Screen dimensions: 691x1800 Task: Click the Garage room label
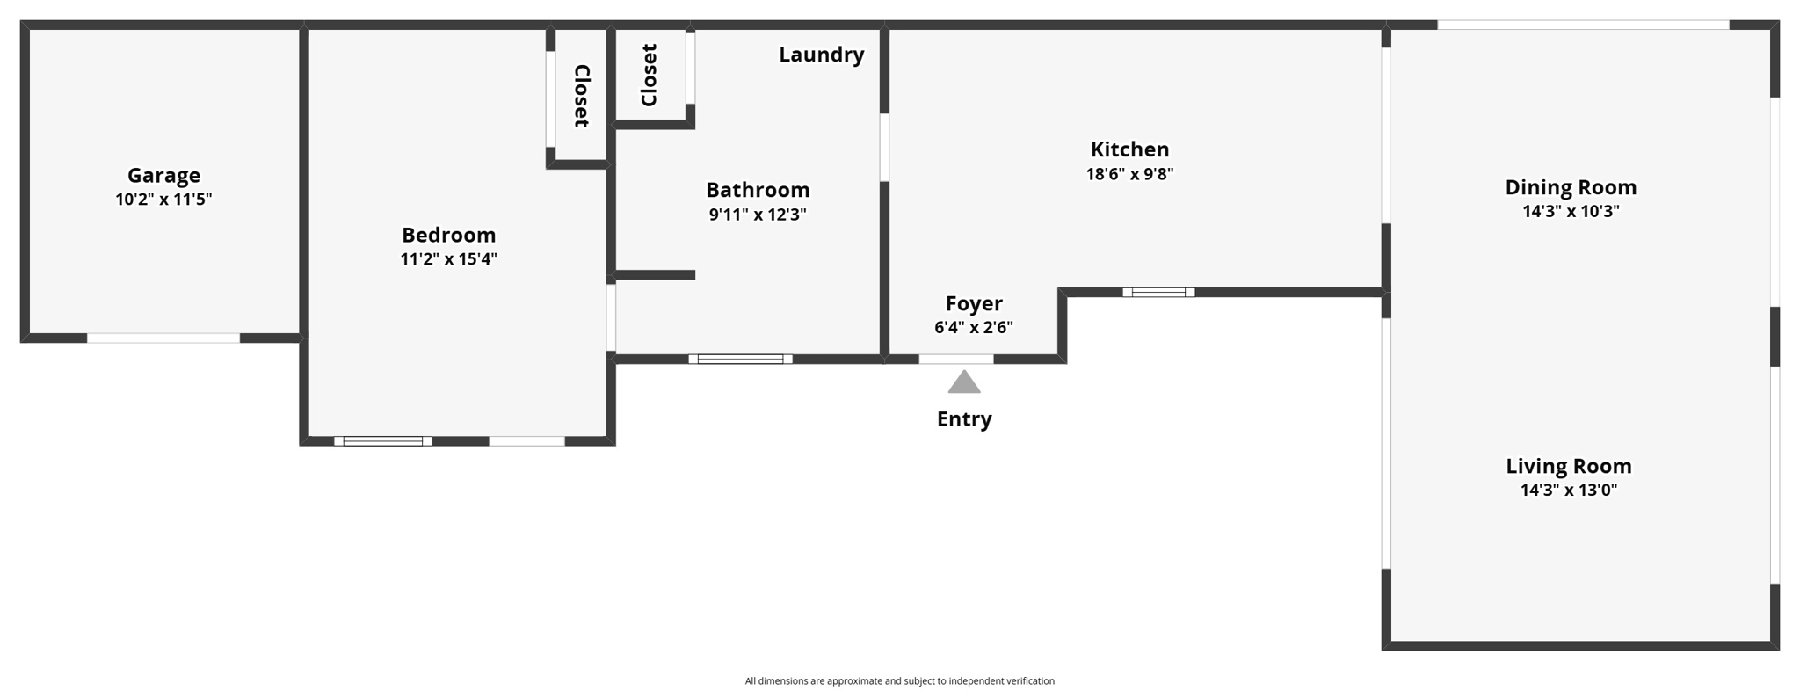tap(163, 176)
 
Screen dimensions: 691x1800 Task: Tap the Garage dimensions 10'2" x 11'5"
tap(163, 200)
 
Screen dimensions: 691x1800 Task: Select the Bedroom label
tap(448, 235)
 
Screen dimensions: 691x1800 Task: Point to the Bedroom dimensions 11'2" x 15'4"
tap(448, 259)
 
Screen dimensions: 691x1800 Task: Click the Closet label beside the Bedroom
tap(581, 96)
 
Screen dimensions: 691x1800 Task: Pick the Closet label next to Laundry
tap(650, 76)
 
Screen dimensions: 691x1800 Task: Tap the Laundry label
tap(821, 55)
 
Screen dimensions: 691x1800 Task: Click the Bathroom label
tap(758, 190)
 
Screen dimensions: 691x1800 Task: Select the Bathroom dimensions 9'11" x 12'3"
tap(758, 215)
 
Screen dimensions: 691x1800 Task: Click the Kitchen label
tap(1129, 149)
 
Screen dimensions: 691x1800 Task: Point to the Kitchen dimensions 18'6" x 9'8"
tap(1129, 174)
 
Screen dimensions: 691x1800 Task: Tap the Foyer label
tap(974, 303)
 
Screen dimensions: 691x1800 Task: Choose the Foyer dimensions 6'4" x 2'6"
tap(974, 328)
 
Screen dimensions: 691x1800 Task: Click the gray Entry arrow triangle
tap(964, 382)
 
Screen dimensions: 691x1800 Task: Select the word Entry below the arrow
tap(964, 419)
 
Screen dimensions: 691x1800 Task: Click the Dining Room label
tap(1571, 187)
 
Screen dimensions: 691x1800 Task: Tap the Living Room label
tap(1569, 466)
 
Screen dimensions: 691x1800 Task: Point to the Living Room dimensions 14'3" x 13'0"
tap(1569, 491)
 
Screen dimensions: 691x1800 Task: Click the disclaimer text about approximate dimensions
tap(899, 680)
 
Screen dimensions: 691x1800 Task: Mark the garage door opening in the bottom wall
tap(163, 338)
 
